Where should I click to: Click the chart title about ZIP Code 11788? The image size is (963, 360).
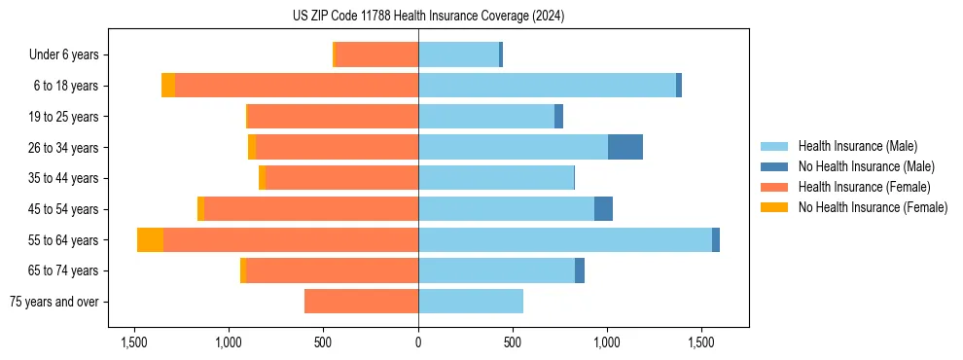point(428,17)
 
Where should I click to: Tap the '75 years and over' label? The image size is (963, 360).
point(54,302)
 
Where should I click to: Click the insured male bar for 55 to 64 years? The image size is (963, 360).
point(565,239)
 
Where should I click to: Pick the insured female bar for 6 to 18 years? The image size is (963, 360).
point(297,86)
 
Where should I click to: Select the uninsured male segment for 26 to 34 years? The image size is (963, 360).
point(625,147)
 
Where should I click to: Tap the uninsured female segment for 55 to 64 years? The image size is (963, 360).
point(150,239)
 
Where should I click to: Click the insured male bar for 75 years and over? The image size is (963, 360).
point(471,302)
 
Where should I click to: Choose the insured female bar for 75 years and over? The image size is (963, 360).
point(361,302)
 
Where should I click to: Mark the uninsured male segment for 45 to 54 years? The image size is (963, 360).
point(603,208)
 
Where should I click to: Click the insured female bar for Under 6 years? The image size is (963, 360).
point(376,54)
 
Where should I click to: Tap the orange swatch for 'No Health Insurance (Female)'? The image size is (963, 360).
point(774,207)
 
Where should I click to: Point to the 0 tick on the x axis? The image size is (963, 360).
point(418,343)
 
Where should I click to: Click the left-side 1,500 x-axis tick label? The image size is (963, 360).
point(133,343)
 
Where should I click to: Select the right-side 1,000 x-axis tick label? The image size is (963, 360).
point(607,343)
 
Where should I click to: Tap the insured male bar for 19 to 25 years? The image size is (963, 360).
point(486,116)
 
